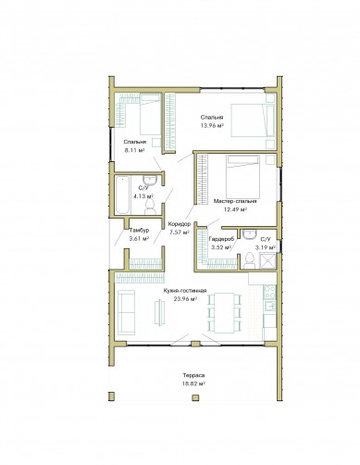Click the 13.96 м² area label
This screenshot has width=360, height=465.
[x=212, y=126]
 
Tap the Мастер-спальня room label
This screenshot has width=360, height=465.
[x=235, y=201]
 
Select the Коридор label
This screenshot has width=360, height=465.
[x=180, y=224]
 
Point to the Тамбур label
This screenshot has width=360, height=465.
[x=139, y=231]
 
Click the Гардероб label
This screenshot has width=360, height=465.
[x=221, y=239]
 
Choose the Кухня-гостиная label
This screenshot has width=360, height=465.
[x=185, y=291]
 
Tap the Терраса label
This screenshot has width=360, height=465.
[x=193, y=375]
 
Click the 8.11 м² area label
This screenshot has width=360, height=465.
[x=134, y=150]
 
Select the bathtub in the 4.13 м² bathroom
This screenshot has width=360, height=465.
[x=122, y=195]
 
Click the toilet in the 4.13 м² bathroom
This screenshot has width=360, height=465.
[x=150, y=207]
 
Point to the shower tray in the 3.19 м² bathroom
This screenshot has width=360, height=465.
[x=267, y=261]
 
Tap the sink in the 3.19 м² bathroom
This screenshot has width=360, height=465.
[x=249, y=234]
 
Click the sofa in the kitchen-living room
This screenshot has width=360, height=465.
[x=126, y=312]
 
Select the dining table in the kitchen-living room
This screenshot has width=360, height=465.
[x=224, y=313]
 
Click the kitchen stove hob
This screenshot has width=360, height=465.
[x=269, y=293]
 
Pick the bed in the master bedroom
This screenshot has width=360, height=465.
[x=242, y=177]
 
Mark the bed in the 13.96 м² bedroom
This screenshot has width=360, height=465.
[x=253, y=120]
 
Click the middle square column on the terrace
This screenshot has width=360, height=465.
[x=195, y=397]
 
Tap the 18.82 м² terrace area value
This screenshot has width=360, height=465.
[x=193, y=383]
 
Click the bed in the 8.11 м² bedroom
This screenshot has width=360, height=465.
[x=151, y=115]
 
